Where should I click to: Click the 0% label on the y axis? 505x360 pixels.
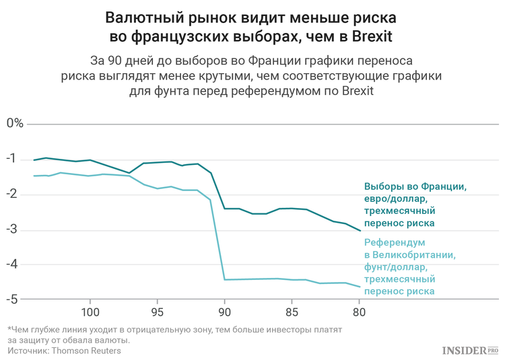(x=15, y=123)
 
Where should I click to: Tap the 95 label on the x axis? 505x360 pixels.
(x=157, y=312)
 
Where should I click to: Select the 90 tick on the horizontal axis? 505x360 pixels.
(x=224, y=312)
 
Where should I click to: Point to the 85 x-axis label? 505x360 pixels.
(x=292, y=312)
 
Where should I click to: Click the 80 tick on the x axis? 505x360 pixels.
(x=359, y=312)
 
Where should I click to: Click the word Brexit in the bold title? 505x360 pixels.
(x=370, y=35)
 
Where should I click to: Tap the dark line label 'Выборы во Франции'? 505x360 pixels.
(x=415, y=186)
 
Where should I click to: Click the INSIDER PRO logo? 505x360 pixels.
(x=470, y=350)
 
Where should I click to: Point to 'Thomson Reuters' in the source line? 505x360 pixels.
(x=88, y=351)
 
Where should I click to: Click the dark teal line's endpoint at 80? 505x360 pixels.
(x=360, y=231)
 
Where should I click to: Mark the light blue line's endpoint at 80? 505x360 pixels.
(x=360, y=287)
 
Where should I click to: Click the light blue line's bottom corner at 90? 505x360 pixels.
(x=224, y=279)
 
